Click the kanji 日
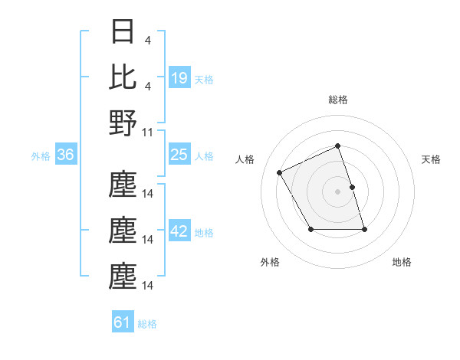[123, 32]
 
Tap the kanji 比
[123, 77]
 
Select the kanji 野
[123, 123]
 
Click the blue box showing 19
[179, 78]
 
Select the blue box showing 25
[179, 155]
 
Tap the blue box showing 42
[179, 232]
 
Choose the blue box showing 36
[66, 155]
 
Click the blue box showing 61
[123, 322]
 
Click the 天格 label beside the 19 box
[204, 79]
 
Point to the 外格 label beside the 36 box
[41, 156]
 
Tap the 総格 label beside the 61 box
[147, 323]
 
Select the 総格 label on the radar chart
[337, 100]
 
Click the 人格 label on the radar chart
[245, 159]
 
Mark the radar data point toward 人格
[280, 173]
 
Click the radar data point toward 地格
[364, 229]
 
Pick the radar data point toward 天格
[352, 187]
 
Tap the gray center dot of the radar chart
[337, 191]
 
